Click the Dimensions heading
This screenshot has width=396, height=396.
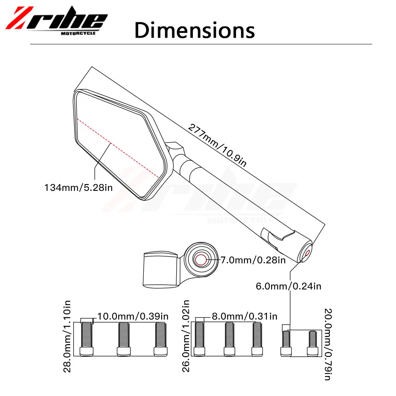pyautogui.click(x=194, y=30)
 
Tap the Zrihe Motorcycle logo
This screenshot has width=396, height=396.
pyautogui.click(x=56, y=21)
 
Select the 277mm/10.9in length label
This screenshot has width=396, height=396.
pyautogui.click(x=217, y=145)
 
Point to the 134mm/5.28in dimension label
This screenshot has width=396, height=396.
pyautogui.click(x=78, y=188)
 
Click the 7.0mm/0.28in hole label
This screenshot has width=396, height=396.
pyautogui.click(x=253, y=260)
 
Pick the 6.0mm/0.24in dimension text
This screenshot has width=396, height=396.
pyautogui.click(x=288, y=286)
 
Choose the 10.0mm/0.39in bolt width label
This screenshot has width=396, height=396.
pyautogui.click(x=133, y=316)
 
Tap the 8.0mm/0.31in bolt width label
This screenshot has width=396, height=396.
pyautogui.click(x=244, y=316)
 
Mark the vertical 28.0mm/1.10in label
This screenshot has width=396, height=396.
pyautogui.click(x=67, y=336)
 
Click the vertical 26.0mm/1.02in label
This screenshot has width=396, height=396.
pyautogui.click(x=186, y=336)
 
